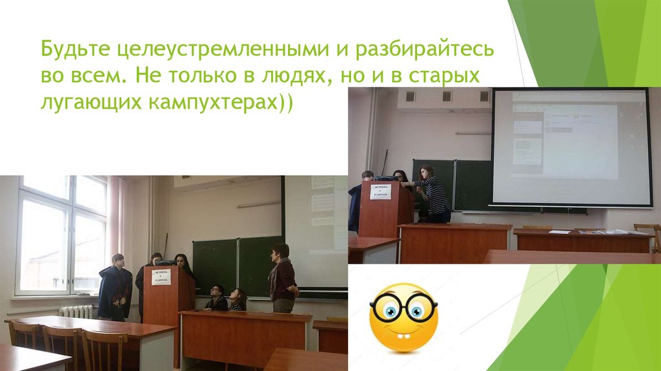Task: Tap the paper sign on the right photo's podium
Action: pos(380,191)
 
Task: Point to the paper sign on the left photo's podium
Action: pos(161,277)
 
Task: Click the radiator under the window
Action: pos(77,311)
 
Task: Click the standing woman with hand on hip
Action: pos(282,279)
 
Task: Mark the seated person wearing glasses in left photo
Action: pos(217,299)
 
